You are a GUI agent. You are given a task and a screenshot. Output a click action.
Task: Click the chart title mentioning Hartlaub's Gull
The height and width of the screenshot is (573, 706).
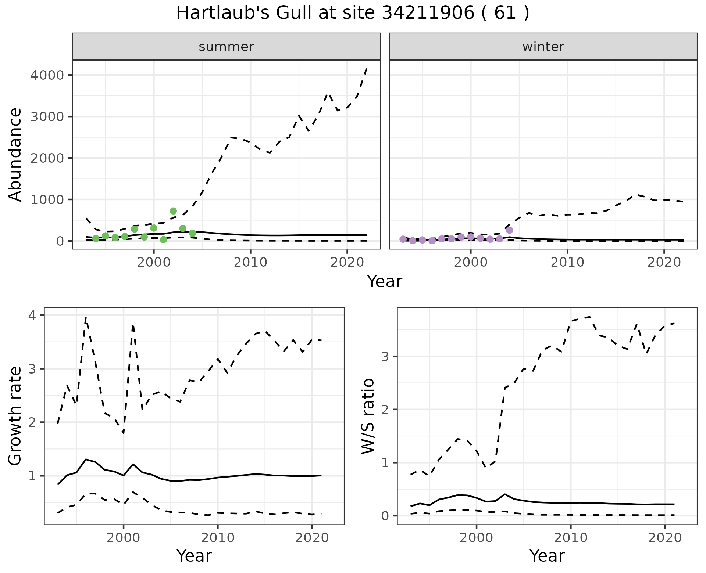point(353,13)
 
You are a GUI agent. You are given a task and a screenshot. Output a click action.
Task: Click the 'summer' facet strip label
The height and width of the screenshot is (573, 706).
point(226,47)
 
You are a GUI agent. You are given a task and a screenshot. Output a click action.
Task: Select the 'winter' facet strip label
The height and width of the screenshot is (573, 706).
point(543,47)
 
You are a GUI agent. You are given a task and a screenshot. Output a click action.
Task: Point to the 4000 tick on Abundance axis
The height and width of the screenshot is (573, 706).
point(47,75)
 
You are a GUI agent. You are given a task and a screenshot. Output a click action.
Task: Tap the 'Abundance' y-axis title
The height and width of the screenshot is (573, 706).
point(15,154)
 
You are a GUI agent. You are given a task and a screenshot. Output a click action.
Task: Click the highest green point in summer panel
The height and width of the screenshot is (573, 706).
point(173,211)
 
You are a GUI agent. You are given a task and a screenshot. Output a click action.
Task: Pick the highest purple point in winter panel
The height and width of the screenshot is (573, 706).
point(509,230)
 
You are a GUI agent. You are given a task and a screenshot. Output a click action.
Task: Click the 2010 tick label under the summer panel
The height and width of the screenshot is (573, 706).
point(250,262)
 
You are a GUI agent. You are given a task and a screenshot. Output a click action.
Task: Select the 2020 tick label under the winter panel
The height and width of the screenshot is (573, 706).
point(664,262)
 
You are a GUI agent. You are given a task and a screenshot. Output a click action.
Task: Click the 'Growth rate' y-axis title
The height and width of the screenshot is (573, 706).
point(15,416)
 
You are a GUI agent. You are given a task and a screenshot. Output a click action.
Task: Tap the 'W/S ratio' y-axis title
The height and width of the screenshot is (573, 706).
point(368,416)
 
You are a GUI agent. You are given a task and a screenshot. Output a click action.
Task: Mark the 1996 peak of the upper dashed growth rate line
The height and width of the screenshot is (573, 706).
point(86,318)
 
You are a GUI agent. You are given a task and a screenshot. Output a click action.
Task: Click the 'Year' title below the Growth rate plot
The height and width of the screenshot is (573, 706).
point(194,556)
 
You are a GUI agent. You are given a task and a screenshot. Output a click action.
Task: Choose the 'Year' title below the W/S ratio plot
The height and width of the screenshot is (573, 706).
point(547,556)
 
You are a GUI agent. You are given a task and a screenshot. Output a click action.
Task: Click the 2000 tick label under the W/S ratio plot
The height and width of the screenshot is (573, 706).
point(477,538)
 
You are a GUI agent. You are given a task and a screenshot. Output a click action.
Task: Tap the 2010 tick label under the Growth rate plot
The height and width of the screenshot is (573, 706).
point(218,538)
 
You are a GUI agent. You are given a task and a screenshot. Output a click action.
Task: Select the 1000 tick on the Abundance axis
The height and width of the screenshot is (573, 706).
point(47,200)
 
